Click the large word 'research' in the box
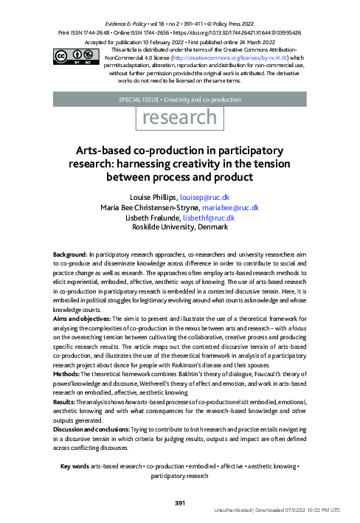pos(179,117)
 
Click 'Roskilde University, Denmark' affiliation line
pos(179,227)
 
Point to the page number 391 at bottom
pos(179,503)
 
